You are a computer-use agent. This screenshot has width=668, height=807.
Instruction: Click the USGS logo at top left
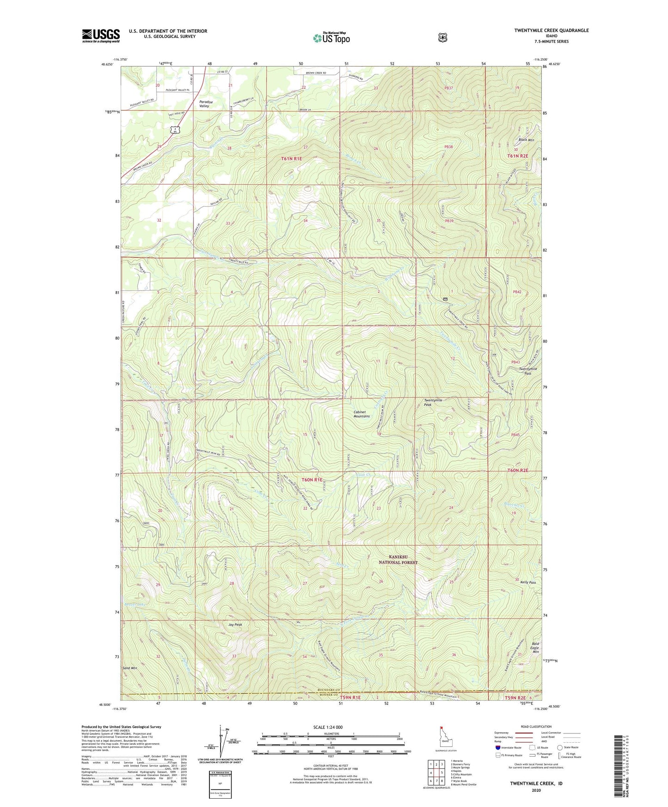point(101,36)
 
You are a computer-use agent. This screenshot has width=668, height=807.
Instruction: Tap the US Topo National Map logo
point(331,37)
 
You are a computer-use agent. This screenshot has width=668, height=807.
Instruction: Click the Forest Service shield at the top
point(442,37)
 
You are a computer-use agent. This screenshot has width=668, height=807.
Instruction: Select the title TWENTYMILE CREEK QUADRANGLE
point(551,31)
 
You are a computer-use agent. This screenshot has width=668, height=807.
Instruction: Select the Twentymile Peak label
point(433,402)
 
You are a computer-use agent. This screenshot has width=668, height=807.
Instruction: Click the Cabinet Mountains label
point(362,414)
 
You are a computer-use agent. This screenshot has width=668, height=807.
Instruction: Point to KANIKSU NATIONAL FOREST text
point(398,560)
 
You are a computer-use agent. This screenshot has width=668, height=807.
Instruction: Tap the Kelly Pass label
point(528,582)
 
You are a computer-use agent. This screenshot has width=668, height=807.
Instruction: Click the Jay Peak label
point(235,624)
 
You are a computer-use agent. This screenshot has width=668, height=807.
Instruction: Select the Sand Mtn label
point(130,668)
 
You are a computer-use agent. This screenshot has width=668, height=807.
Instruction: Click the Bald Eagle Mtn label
point(535,648)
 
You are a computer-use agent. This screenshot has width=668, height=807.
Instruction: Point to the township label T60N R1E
point(312,480)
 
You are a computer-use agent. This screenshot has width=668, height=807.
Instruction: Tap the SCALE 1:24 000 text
point(328,727)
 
